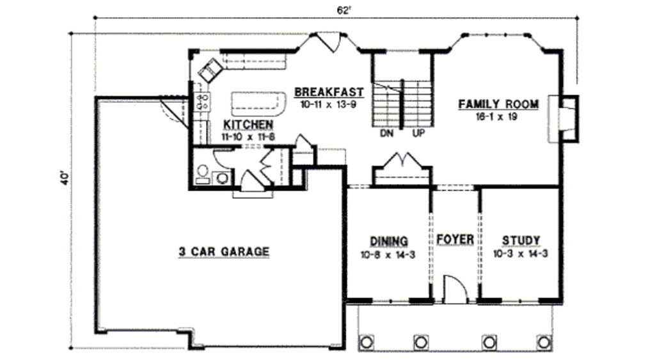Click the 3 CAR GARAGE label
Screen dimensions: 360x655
click(223, 251)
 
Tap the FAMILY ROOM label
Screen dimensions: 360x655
click(498, 104)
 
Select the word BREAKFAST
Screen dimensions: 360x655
click(329, 92)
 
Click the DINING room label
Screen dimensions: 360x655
click(389, 241)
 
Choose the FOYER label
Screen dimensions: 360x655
click(455, 240)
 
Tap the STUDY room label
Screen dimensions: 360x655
click(521, 240)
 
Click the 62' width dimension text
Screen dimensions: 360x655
click(344, 10)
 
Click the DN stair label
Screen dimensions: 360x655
click(386, 134)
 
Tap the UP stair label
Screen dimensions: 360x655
click(419, 134)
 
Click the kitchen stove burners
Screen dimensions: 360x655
click(203, 100)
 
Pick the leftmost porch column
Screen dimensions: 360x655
click(367, 341)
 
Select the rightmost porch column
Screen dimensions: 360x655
click(544, 341)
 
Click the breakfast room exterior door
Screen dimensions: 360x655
click(331, 42)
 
